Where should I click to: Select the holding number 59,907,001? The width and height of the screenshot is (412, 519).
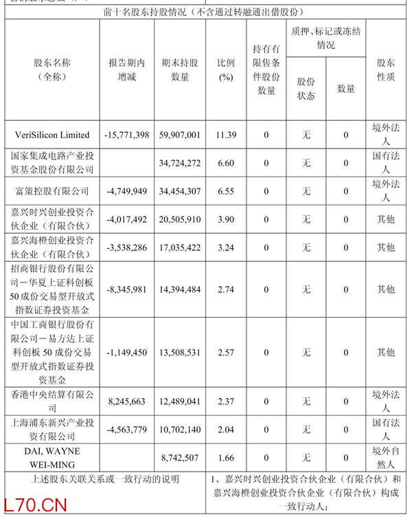coord(179,135)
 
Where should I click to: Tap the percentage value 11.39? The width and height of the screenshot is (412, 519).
coord(225,135)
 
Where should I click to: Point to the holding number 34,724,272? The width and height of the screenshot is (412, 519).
coord(179,163)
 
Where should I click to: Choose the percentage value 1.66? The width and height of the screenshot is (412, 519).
coord(225,456)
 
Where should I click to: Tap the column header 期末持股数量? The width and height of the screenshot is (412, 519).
coord(179,70)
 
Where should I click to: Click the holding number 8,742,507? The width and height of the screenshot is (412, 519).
coord(179,456)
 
